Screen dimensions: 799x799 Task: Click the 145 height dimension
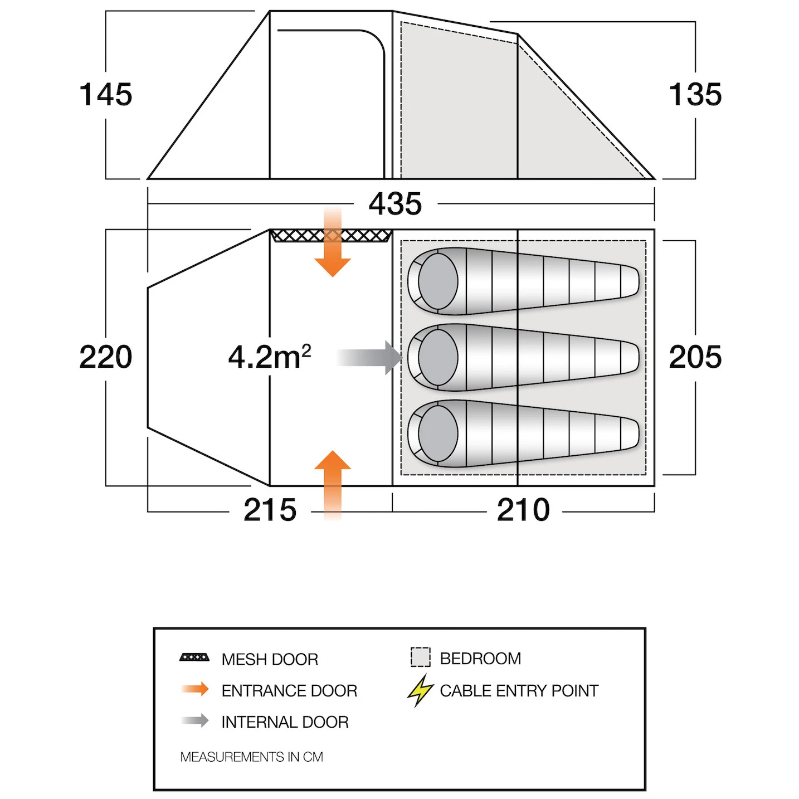pyautogui.click(x=106, y=95)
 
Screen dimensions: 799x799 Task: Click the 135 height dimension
pyautogui.click(x=695, y=95)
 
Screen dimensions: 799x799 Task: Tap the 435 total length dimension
pyautogui.click(x=395, y=203)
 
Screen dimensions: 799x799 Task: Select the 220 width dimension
pyautogui.click(x=106, y=357)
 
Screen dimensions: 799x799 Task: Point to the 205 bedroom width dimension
pyautogui.click(x=695, y=357)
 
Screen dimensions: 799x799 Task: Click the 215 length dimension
pyautogui.click(x=270, y=510)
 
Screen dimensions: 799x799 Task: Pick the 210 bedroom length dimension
pyautogui.click(x=523, y=510)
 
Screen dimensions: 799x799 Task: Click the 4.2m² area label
pyautogui.click(x=270, y=357)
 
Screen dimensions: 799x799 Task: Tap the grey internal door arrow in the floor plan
pyautogui.click(x=369, y=357)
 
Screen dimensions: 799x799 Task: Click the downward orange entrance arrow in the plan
pyautogui.click(x=333, y=242)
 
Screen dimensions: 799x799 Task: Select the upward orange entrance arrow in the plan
pyautogui.click(x=333, y=485)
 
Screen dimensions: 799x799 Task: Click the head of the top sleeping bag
pyautogui.click(x=438, y=281)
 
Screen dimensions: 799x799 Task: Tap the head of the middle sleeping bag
pyautogui.click(x=438, y=357)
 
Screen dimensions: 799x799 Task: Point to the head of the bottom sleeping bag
pyautogui.click(x=438, y=433)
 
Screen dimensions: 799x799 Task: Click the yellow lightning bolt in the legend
pyautogui.click(x=420, y=690)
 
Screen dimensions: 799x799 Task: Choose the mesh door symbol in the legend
pyautogui.click(x=194, y=657)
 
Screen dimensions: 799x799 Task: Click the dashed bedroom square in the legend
pyautogui.click(x=421, y=657)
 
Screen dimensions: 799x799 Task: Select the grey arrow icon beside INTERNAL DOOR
pyautogui.click(x=195, y=720)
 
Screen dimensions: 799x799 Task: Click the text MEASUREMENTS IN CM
pyautogui.click(x=252, y=757)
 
